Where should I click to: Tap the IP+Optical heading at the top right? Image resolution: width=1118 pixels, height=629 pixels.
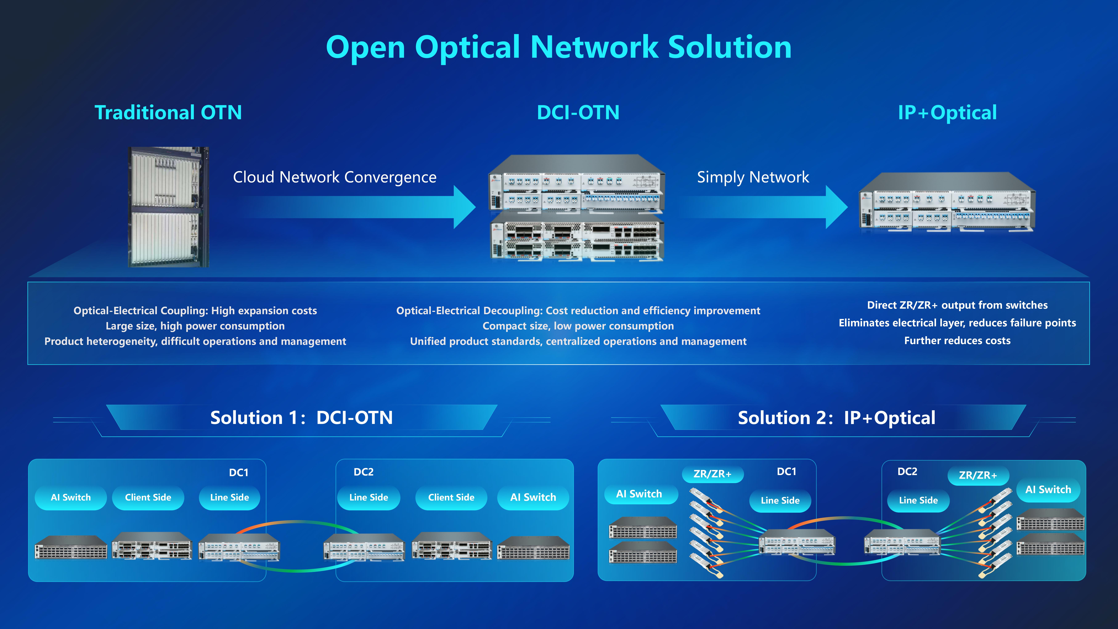click(x=947, y=112)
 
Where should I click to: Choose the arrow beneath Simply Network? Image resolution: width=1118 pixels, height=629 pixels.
click(x=764, y=207)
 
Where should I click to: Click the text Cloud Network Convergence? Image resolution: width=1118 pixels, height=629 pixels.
click(x=335, y=177)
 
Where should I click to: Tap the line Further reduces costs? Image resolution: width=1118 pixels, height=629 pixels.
click(x=957, y=341)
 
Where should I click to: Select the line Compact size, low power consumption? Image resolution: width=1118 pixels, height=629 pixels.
click(x=578, y=326)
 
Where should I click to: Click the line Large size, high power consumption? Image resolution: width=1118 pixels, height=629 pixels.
click(x=195, y=326)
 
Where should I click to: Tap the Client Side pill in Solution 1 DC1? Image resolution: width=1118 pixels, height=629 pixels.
click(x=148, y=497)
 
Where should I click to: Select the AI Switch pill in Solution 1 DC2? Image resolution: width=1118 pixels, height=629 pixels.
click(x=533, y=497)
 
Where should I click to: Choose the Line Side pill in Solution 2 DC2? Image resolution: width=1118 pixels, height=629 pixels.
click(x=918, y=500)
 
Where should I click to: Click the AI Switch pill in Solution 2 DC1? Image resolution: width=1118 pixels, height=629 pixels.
click(x=639, y=494)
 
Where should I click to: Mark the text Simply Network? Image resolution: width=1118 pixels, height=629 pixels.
click(x=753, y=177)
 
